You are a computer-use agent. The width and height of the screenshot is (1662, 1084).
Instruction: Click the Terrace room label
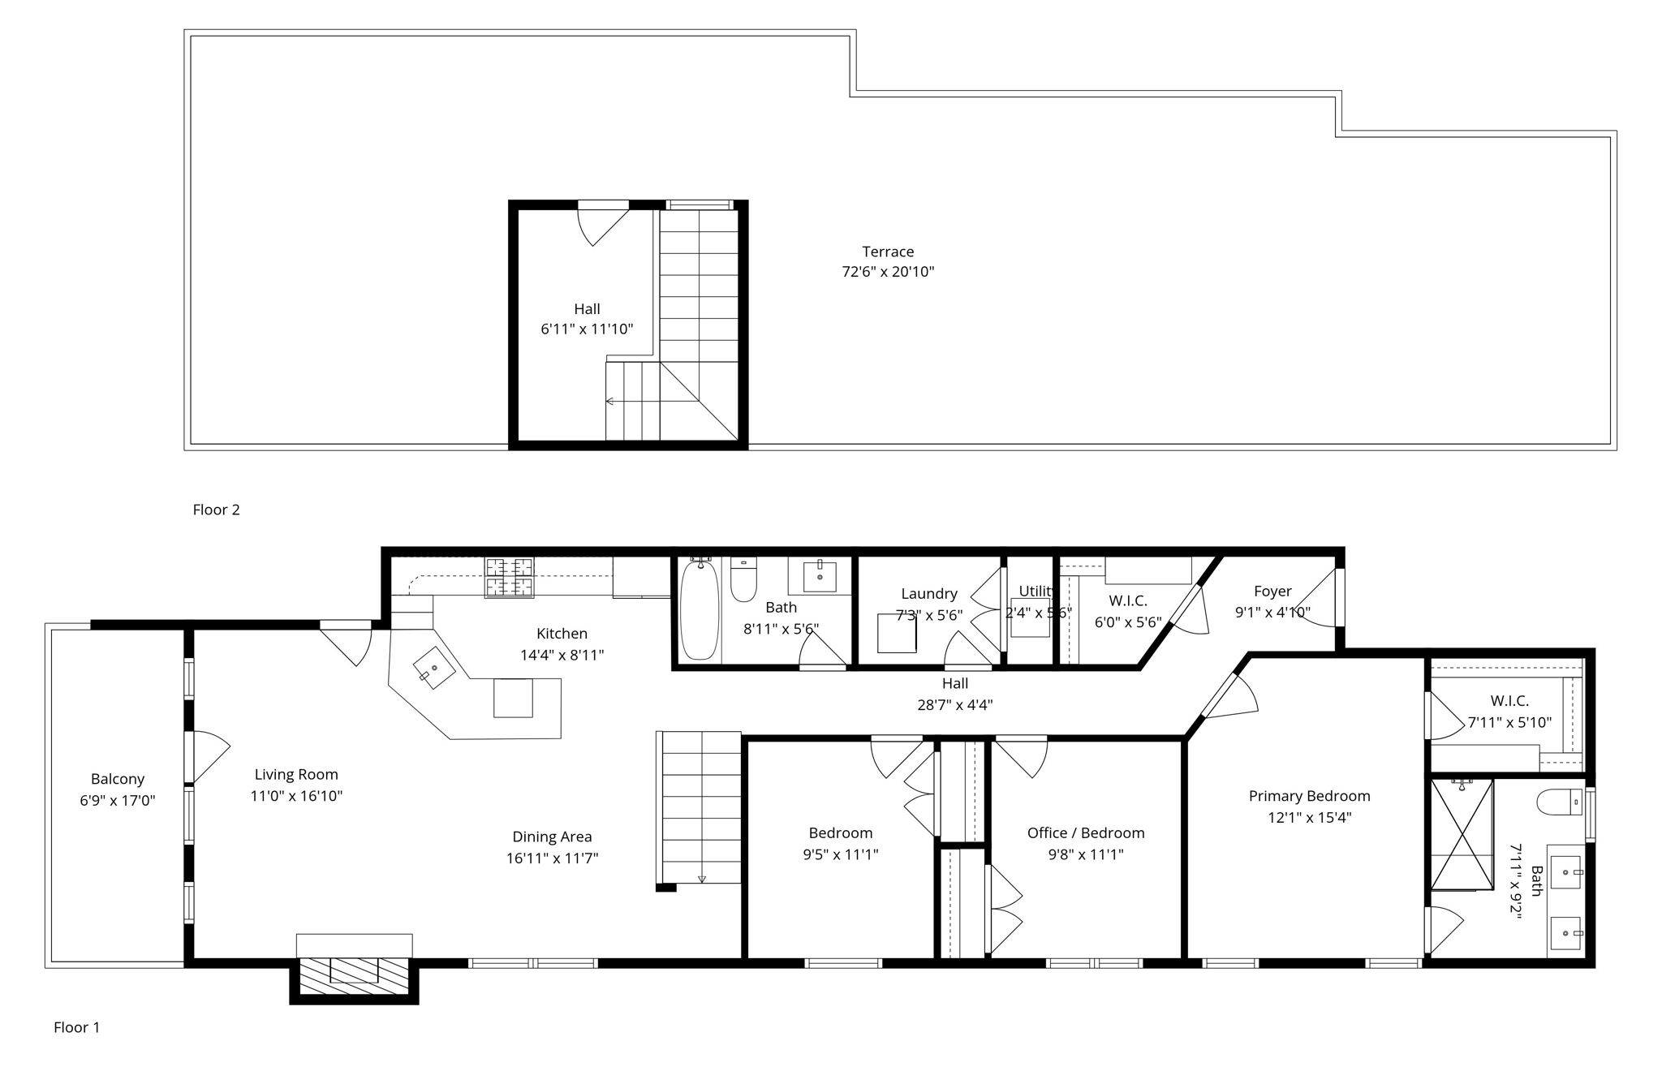[x=888, y=252]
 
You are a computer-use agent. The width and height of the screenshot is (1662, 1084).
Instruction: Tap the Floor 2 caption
[x=216, y=510]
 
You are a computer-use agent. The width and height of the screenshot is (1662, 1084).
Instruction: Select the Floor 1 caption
[x=76, y=1027]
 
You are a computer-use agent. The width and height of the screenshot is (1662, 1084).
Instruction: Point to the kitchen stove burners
[x=510, y=577]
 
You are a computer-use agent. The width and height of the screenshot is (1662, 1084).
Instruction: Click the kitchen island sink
[x=434, y=668]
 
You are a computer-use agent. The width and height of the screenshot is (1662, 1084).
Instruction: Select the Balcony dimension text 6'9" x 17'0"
[x=117, y=801]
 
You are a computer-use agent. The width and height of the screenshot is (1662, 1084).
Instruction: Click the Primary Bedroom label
[x=1309, y=796]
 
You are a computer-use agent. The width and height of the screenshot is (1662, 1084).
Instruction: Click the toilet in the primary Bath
[x=1558, y=802]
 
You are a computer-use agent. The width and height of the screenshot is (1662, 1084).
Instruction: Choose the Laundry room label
[x=928, y=594]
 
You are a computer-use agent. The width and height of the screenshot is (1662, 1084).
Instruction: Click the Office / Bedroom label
[x=1085, y=833]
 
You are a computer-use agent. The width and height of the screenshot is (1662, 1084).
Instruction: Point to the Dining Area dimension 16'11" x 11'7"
[x=552, y=858]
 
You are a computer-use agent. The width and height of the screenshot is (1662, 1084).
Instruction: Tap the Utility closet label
[x=1036, y=591]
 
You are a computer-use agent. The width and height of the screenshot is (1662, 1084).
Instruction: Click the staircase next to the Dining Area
[x=700, y=807]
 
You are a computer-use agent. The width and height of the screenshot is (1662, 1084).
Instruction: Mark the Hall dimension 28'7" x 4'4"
[x=954, y=705]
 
